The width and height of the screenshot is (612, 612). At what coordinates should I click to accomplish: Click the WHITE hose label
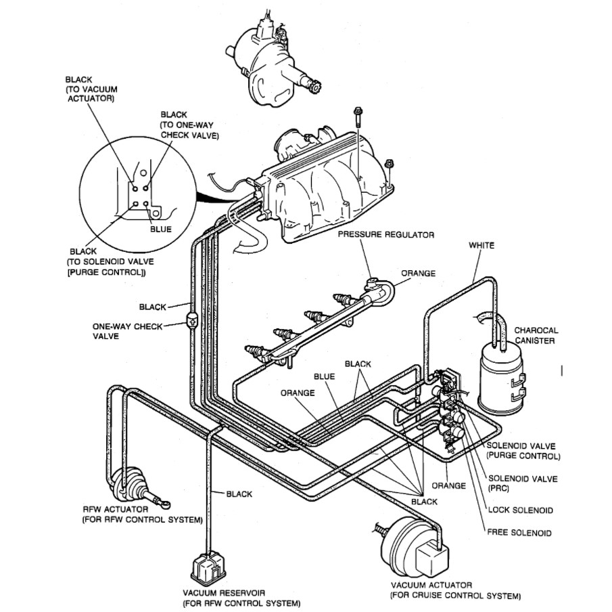click(x=481, y=245)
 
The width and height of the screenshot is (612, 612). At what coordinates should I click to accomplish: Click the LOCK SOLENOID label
click(x=520, y=510)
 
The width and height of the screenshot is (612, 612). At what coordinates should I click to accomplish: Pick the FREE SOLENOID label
click(x=519, y=533)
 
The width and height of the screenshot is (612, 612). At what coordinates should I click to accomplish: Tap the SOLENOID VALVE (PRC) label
click(x=523, y=483)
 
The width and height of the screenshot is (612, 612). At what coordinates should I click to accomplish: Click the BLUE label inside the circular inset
click(x=160, y=229)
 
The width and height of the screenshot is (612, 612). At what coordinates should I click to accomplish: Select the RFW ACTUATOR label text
click(x=141, y=514)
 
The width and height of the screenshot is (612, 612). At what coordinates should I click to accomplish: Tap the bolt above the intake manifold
click(x=356, y=119)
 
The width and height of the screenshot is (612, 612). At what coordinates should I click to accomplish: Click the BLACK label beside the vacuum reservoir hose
click(x=239, y=494)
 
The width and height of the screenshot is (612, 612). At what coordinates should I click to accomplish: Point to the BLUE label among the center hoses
click(x=323, y=376)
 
